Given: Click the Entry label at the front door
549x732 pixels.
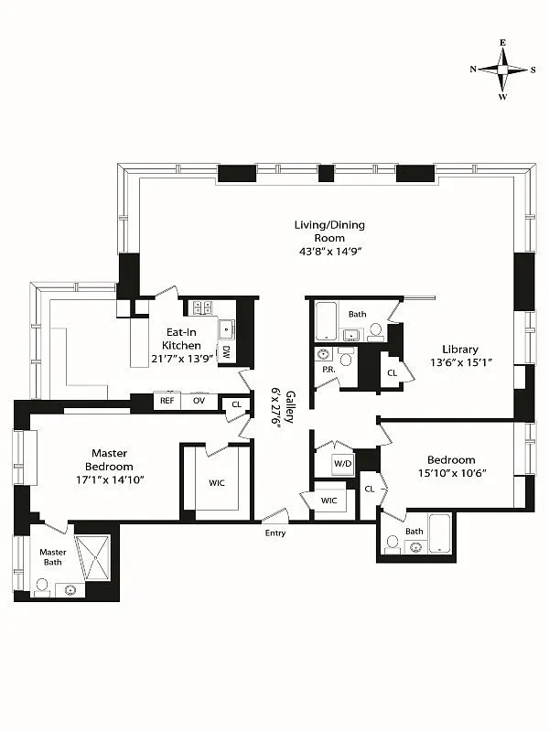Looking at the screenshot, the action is [x=275, y=533].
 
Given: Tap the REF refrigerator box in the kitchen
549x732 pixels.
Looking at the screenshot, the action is [x=167, y=401].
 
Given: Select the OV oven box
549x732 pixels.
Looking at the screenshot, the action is [x=199, y=401].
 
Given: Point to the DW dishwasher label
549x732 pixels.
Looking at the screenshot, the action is [x=226, y=352].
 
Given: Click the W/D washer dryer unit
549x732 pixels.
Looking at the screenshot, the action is [x=342, y=464].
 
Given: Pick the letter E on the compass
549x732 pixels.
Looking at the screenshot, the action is [x=502, y=42].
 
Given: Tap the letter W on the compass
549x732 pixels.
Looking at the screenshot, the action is [x=502, y=97].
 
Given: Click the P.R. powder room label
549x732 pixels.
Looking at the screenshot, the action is [x=329, y=370].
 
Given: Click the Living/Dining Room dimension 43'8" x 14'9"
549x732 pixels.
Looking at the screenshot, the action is [x=330, y=251].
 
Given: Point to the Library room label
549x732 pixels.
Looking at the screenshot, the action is [x=460, y=350].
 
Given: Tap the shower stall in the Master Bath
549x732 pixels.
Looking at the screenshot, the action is [x=92, y=558].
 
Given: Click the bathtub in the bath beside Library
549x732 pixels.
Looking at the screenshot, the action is [x=327, y=321].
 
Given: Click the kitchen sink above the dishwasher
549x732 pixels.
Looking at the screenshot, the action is [x=227, y=329].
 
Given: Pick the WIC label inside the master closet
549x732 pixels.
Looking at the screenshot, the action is [x=217, y=483].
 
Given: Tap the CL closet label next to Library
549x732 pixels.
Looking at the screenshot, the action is [x=393, y=373].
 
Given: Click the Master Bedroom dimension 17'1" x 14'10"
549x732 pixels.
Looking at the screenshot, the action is [x=110, y=479].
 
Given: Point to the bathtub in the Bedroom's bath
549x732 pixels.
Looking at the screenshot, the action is [x=440, y=533].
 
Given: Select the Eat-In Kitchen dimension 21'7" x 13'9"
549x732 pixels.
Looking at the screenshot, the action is [x=182, y=359].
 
